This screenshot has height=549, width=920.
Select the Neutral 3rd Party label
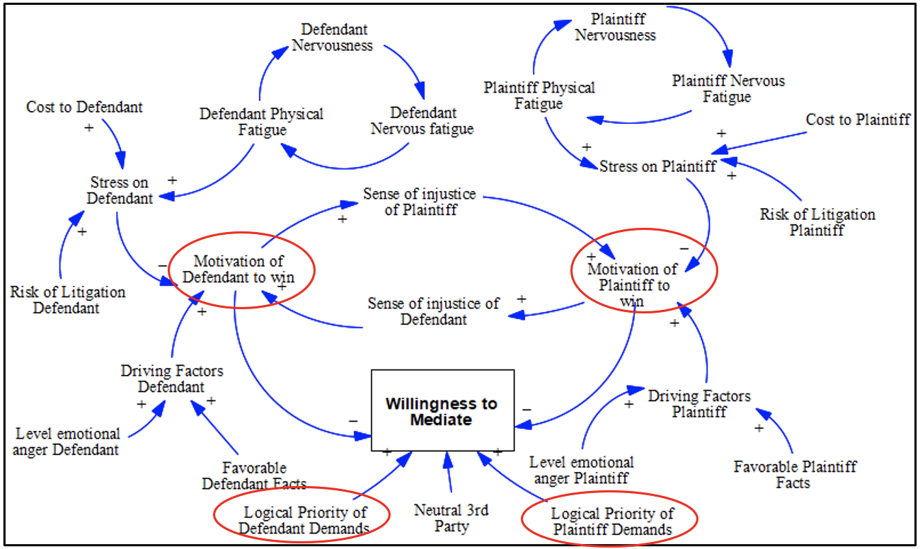pyautogui.click(x=452, y=518)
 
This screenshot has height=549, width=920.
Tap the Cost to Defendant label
pyautogui.click(x=84, y=107)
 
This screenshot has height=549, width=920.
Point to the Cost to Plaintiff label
pyautogui.click(x=858, y=120)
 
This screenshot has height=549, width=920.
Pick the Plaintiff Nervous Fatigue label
pyautogui.click(x=728, y=88)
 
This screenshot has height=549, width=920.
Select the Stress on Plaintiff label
pyautogui.click(x=657, y=166)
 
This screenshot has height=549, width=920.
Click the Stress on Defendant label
pyautogui.click(x=120, y=190)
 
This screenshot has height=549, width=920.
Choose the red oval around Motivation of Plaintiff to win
pyautogui.click(x=644, y=277)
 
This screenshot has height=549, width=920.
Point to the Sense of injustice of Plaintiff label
pyautogui.click(x=419, y=202)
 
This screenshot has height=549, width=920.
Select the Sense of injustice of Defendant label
pyautogui.click(x=433, y=311)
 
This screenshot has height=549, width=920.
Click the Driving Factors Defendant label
pyautogui.click(x=171, y=378)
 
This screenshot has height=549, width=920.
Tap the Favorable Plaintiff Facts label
pyautogui.click(x=795, y=475)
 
